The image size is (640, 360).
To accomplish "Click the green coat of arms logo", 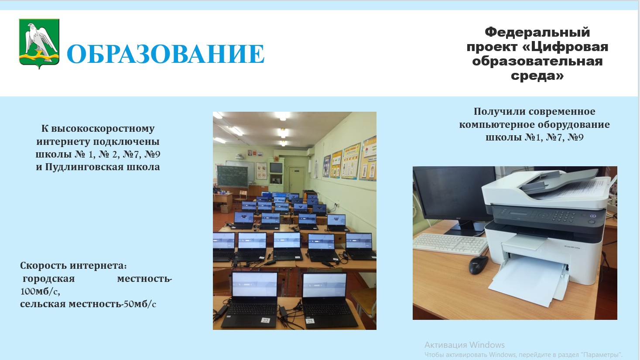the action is coord(39,44).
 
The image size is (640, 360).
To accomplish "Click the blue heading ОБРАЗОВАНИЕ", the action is coord(166,54).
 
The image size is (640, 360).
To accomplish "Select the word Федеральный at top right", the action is coord(537,32).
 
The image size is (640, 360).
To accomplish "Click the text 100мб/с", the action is coord(40,291).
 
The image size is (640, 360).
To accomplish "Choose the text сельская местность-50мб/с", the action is coord(88,304).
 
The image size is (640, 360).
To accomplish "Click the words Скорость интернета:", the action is coord(73,266).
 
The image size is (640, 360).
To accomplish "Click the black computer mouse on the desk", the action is coord(478,264).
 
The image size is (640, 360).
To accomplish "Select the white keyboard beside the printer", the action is coord(450,244).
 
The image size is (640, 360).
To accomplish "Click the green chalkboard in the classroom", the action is coord(232,176).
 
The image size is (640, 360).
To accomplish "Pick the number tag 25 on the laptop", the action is coord(310,321).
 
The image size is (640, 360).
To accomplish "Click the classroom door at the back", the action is coord(297,181).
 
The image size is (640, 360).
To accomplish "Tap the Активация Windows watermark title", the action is coord(465,345).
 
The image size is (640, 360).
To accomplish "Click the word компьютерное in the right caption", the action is coord(497,124).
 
